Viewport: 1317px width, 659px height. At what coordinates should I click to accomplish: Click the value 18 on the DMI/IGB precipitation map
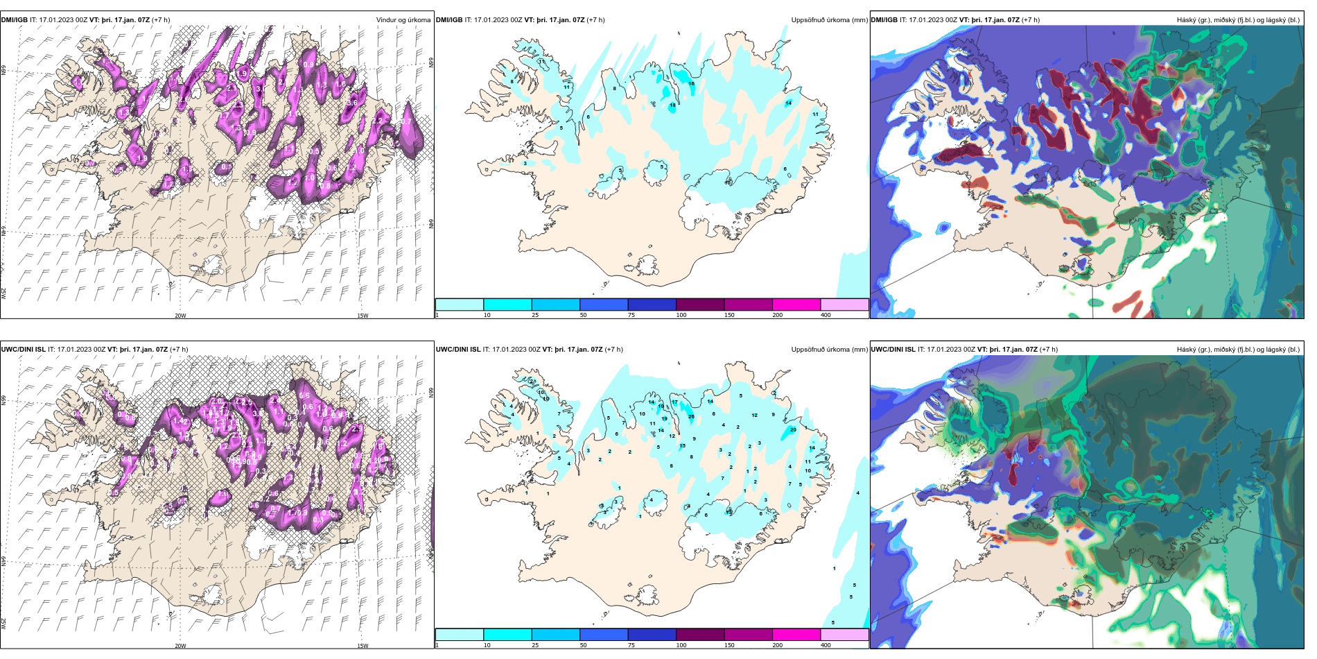coord(672,105)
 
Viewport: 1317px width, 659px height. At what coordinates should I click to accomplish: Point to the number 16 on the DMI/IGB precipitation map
coord(691,84)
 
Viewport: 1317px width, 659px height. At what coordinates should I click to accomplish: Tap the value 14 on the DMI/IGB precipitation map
coord(788,103)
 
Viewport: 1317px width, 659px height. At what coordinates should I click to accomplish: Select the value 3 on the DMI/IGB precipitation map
coord(525,164)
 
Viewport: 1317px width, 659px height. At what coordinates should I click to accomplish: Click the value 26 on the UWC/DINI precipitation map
coord(691,417)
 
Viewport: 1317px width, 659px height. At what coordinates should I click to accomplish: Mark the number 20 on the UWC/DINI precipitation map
coord(793,429)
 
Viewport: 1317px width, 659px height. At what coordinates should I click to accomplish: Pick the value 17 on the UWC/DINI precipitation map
coord(674,402)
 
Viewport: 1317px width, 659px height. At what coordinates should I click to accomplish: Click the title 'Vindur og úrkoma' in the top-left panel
coord(403,19)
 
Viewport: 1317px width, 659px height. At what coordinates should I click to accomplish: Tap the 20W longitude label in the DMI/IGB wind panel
coord(180,316)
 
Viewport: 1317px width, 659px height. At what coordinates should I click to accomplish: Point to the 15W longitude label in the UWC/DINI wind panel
coord(363,646)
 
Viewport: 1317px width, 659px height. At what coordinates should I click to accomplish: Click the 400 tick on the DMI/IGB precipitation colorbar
coord(826,315)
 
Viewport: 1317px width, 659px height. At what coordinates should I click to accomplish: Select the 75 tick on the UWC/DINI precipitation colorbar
coord(631,645)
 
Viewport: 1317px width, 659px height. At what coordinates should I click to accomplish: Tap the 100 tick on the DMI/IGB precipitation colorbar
coord(681,315)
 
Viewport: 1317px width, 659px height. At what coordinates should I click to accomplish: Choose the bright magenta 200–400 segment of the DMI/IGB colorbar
coord(796,305)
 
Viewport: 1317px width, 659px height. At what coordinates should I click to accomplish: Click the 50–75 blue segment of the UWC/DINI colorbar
coord(603,635)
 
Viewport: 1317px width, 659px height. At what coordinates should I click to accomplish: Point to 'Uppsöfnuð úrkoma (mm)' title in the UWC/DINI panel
coord(829,350)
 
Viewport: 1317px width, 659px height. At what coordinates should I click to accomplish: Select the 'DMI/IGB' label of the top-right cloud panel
coord(884,20)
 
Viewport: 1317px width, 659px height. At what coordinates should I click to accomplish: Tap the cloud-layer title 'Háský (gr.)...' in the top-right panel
coord(1238,20)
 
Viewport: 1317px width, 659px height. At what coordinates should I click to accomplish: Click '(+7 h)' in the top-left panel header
coord(159,20)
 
